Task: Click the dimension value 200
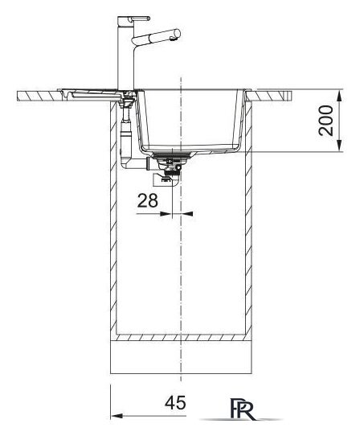(x=325, y=121)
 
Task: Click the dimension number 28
(x=148, y=200)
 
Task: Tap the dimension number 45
(x=175, y=403)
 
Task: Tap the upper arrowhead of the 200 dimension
(x=339, y=95)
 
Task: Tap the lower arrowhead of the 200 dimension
(x=339, y=146)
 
